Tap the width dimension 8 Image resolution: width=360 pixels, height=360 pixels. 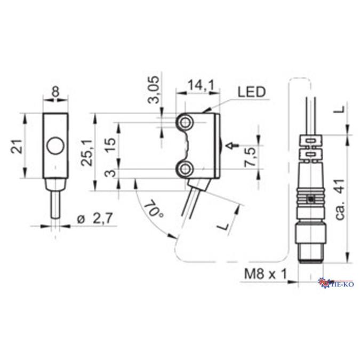pyautogui.click(x=55, y=91)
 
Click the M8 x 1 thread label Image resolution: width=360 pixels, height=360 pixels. pyautogui.click(x=266, y=274)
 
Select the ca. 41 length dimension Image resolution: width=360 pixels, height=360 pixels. pyautogui.click(x=342, y=200)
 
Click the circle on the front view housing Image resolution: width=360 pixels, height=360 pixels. pyautogui.click(x=55, y=145)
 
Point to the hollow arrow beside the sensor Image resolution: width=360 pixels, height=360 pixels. pyautogui.click(x=231, y=145)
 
